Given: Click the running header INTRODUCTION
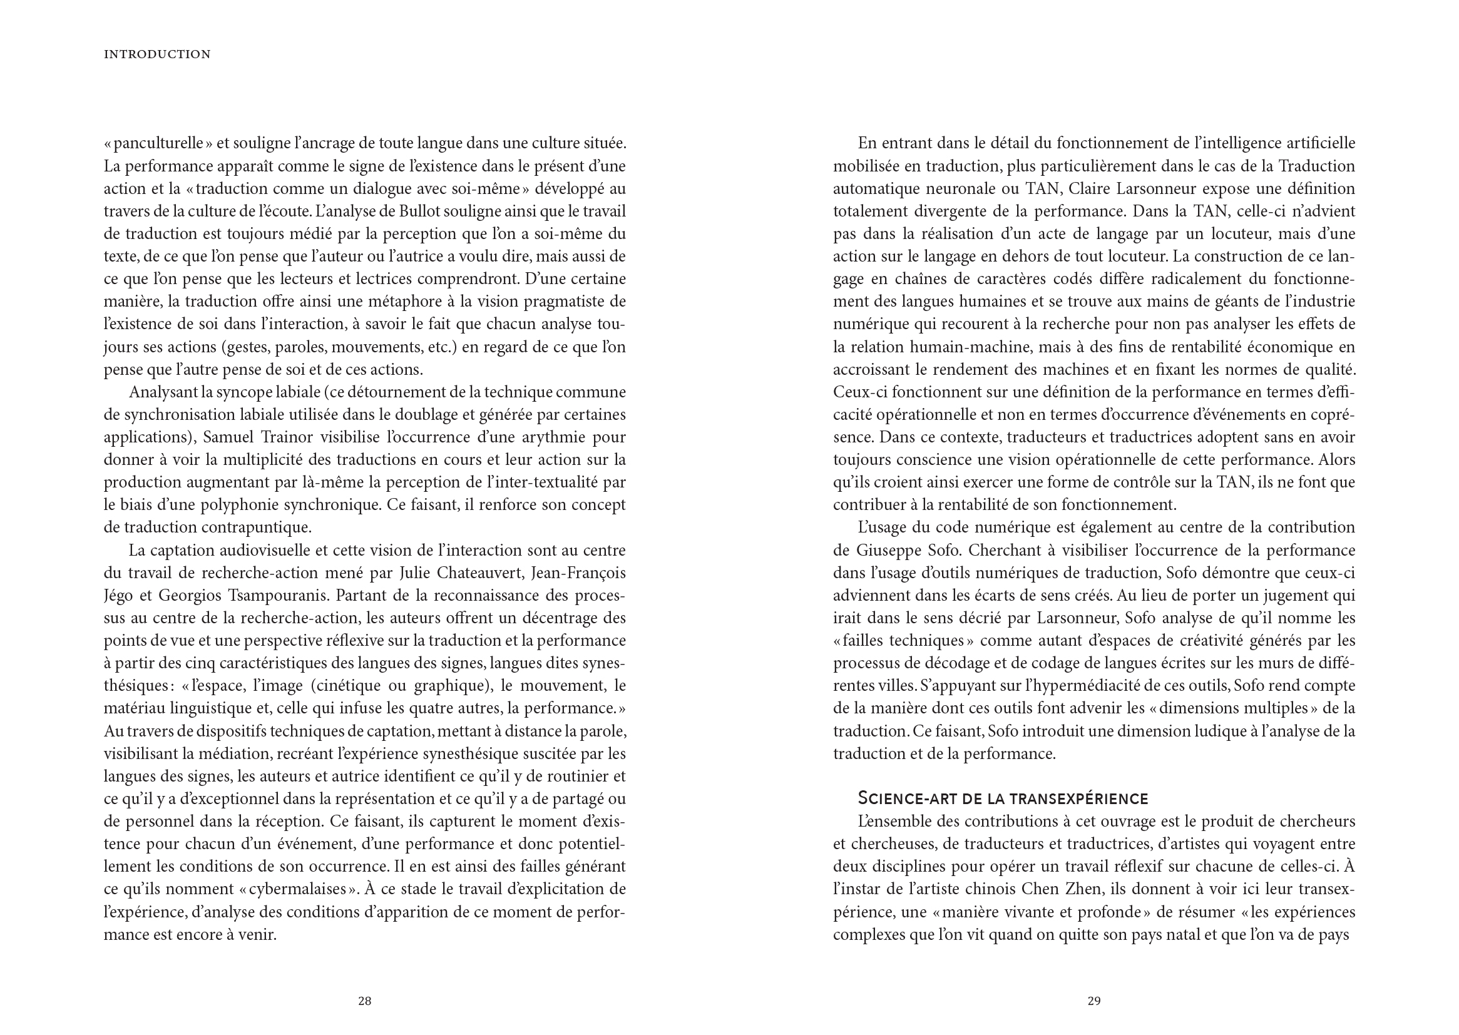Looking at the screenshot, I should click(x=157, y=55).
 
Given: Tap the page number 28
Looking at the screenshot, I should click(x=364, y=1001).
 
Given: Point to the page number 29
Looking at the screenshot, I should click(x=1093, y=1001).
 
